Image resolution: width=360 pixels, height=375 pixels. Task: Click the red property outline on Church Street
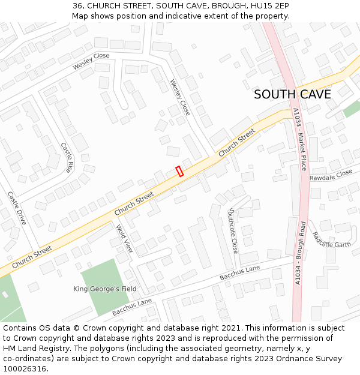coord(179,171)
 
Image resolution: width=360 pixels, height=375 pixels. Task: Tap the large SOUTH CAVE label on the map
coord(292,95)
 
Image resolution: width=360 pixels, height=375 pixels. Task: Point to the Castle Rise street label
coord(67,157)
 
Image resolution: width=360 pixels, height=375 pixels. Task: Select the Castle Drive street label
coord(17,208)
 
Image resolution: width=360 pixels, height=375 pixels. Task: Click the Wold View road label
coord(124,239)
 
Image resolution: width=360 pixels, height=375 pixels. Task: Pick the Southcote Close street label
coord(233,230)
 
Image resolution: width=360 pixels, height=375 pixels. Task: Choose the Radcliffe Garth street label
coord(331,240)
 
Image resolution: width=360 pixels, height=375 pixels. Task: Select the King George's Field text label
coord(105,289)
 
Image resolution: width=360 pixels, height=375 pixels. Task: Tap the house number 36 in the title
coord(78,5)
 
